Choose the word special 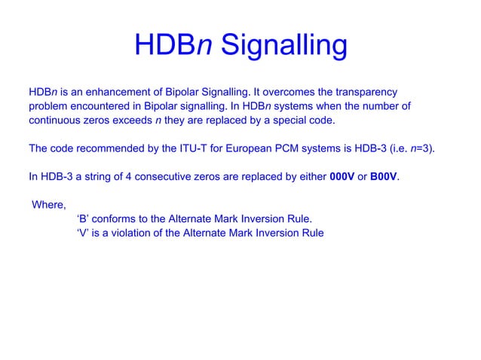[x=280, y=120]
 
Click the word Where [x=49, y=205]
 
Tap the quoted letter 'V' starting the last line [x=83, y=233]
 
